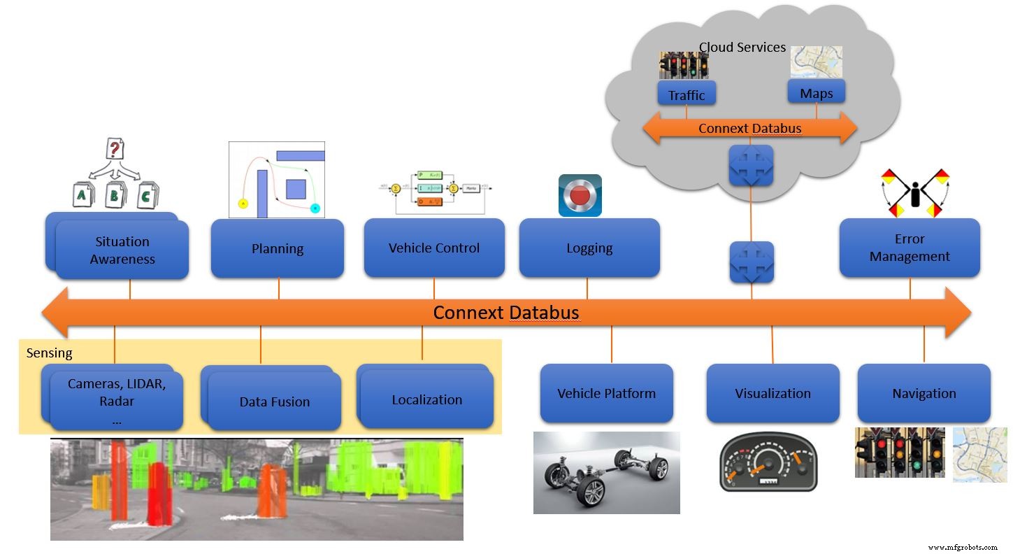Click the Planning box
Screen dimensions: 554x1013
pyautogui.click(x=278, y=248)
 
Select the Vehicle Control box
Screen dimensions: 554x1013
pyautogui.click(x=434, y=248)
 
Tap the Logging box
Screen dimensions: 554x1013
pyautogui.click(x=589, y=248)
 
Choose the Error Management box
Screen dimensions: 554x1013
pyautogui.click(x=910, y=248)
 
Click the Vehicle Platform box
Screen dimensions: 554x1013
pyautogui.click(x=606, y=393)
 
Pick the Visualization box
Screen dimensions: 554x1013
pyautogui.click(x=773, y=393)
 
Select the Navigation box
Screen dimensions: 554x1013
pyautogui.click(x=924, y=393)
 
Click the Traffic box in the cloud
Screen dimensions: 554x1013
pyautogui.click(x=687, y=94)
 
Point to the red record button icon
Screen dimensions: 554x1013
pyautogui.click(x=580, y=195)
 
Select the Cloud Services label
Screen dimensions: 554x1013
pyautogui.click(x=742, y=48)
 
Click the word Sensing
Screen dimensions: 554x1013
pyautogui.click(x=49, y=353)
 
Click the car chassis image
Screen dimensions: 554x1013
pyautogui.click(x=606, y=472)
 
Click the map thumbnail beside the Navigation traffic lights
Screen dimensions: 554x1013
pyautogui.click(x=979, y=454)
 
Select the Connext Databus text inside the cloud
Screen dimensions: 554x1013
pyautogui.click(x=749, y=129)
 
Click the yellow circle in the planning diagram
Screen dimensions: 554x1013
pyautogui.click(x=243, y=204)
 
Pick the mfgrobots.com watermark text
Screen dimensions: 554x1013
pyautogui.click(x=963, y=547)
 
